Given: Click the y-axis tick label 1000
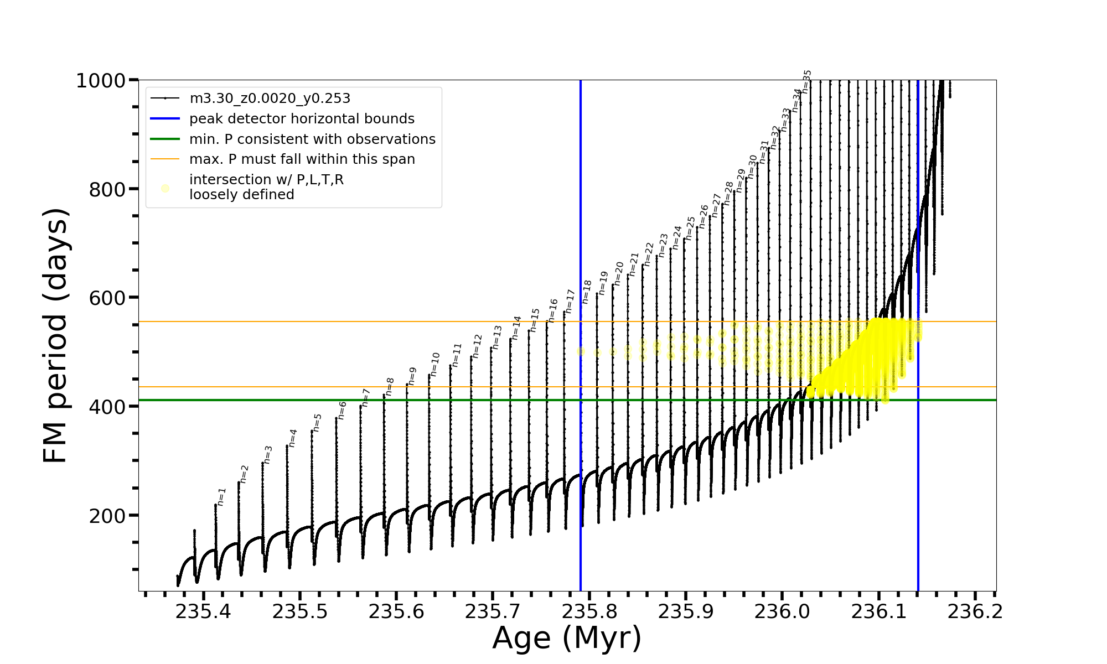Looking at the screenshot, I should coord(101,81).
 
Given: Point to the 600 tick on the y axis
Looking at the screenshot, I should coord(107,298).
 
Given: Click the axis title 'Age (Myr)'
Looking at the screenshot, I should coord(567,638).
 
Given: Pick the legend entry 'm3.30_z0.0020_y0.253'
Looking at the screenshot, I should coord(270,98).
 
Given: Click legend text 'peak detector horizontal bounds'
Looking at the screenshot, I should coord(302,119).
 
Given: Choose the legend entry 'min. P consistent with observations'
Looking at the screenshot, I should coord(312,139).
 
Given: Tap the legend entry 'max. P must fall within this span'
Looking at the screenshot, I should coord(302,159).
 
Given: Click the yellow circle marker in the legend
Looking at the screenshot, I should coord(165,189).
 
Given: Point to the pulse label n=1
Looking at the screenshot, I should coord(222,496).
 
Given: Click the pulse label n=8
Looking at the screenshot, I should coord(390,387).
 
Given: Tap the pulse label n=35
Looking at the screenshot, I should coord(806,81).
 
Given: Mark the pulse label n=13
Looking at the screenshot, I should coord(496,338).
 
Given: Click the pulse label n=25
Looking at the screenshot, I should coord(690,228).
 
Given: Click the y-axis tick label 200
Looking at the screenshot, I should coord(107,516).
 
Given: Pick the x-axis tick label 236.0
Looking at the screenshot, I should coord(782,612).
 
